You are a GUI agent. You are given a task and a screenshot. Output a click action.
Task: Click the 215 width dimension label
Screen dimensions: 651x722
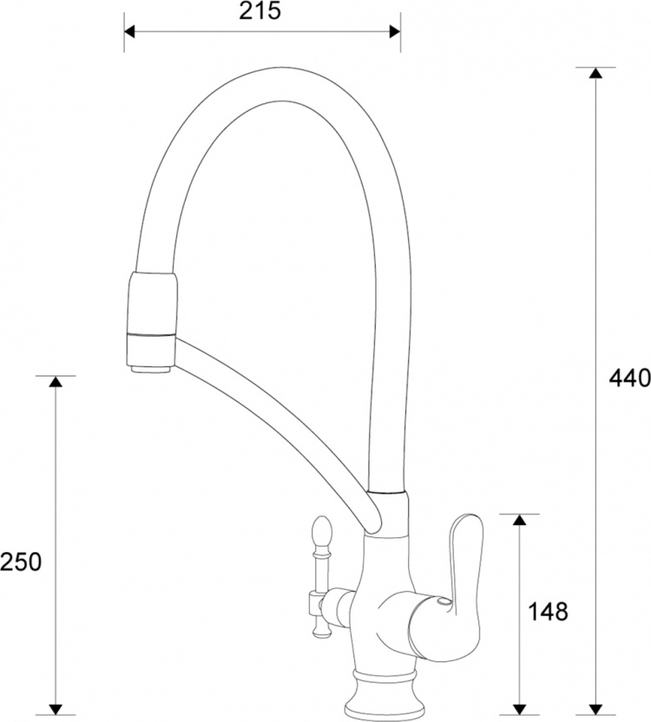[x=260, y=11]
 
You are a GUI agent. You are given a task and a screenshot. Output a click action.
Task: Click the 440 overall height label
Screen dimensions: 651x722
[x=629, y=377]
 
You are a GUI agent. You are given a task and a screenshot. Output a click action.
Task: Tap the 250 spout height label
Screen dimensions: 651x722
[x=21, y=561]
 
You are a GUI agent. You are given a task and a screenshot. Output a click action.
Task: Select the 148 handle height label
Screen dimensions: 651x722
[x=548, y=612]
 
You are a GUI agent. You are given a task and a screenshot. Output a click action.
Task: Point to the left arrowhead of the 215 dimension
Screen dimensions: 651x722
[x=129, y=31]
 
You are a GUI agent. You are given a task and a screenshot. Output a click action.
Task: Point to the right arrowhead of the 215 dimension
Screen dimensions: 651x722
[x=395, y=31]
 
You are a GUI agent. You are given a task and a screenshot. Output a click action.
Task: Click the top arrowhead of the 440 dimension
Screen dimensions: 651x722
[x=595, y=73]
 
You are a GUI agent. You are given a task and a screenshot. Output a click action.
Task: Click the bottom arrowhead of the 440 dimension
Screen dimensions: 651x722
[x=595, y=710]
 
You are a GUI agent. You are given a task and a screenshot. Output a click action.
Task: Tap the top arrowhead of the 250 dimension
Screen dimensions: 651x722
[x=56, y=381]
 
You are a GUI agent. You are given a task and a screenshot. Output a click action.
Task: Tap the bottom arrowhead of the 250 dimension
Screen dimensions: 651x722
[x=56, y=710]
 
